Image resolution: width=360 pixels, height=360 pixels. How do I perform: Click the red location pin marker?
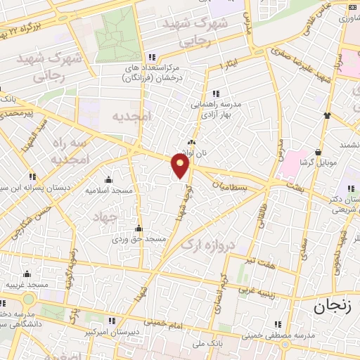(x=181, y=165)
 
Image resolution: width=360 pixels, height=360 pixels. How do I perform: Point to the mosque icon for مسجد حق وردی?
(x=139, y=228)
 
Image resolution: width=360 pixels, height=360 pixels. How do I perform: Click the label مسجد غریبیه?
(x=27, y=284)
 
